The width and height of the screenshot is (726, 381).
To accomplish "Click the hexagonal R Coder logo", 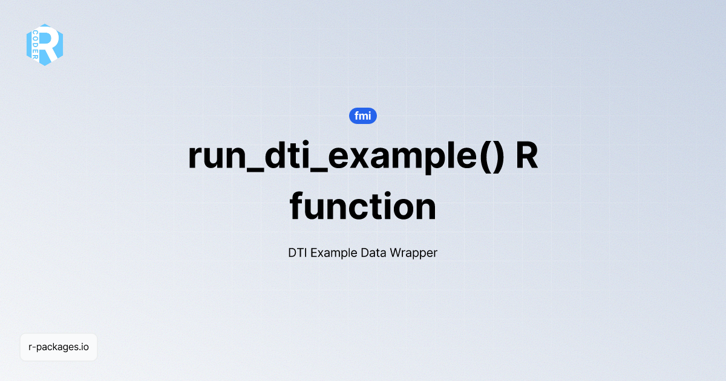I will pyautogui.click(x=45, y=45).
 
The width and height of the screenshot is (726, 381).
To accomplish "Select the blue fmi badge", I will pyautogui.click(x=363, y=116).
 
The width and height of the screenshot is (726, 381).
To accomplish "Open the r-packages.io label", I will pyautogui.click(x=59, y=347).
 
